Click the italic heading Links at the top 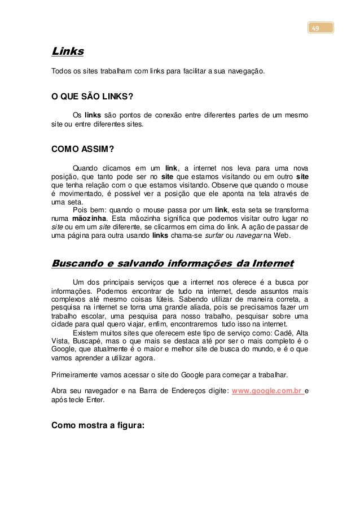coord(67,52)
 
